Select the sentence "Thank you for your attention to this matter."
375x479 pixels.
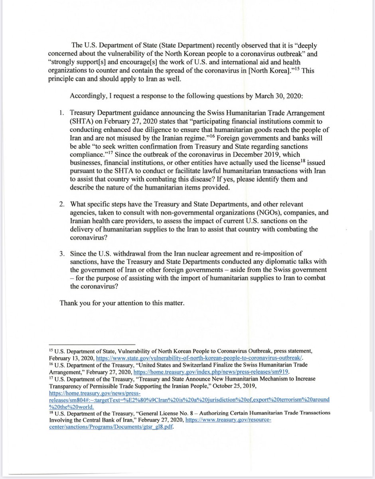click(x=122, y=303)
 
